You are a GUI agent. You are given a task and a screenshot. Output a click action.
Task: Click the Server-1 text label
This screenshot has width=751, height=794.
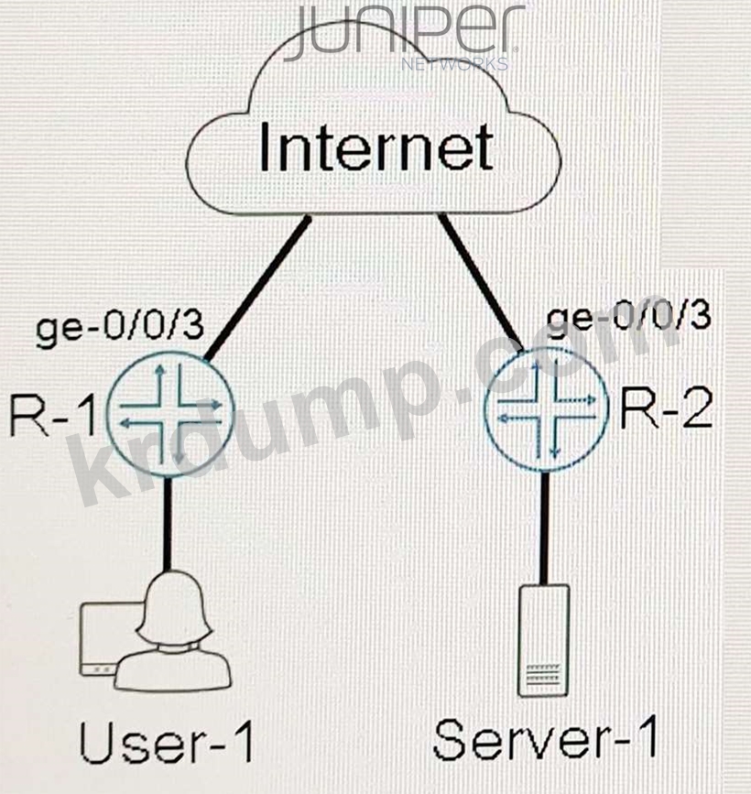click(x=545, y=740)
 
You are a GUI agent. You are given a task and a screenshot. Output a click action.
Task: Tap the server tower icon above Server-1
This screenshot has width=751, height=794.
click(x=544, y=641)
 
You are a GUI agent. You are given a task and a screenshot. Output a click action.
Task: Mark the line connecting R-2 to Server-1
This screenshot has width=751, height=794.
click(x=546, y=526)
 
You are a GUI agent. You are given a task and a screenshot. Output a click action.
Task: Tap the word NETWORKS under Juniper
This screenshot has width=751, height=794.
click(x=455, y=65)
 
